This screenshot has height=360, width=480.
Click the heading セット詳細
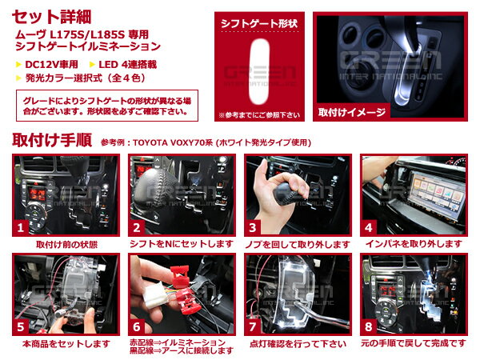pos(51,17)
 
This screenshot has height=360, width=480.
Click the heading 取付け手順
pos(52,141)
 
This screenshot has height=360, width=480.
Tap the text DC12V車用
pos(51,65)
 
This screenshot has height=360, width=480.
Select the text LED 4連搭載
pos(128,65)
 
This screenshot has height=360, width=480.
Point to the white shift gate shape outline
pos(260,71)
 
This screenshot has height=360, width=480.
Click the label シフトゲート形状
pos(259,23)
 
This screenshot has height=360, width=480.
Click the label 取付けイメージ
pos(352,112)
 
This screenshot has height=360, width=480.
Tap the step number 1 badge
pos(21,227)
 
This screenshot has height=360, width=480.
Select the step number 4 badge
pos(368,227)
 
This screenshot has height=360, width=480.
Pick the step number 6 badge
pos(137,326)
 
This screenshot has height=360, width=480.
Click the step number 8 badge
pos(368,326)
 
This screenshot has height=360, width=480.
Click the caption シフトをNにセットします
pos(182,244)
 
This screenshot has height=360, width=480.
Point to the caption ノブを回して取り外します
pos(298,244)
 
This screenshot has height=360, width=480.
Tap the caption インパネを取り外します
pos(414,244)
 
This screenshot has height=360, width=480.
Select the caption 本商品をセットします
pos(66,344)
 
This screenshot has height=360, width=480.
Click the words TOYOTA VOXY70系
pos(173,142)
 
